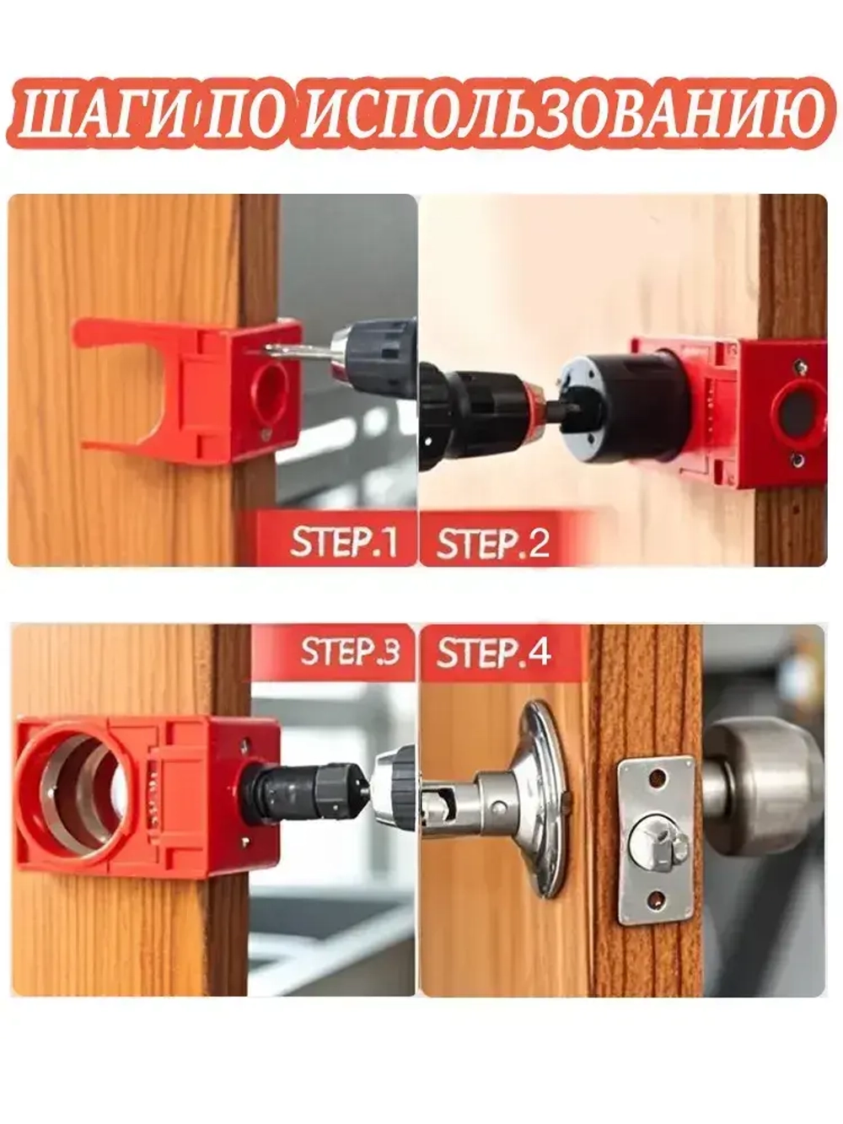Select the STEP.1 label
point(343,542)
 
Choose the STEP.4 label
point(493,652)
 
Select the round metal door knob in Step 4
point(764,787)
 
